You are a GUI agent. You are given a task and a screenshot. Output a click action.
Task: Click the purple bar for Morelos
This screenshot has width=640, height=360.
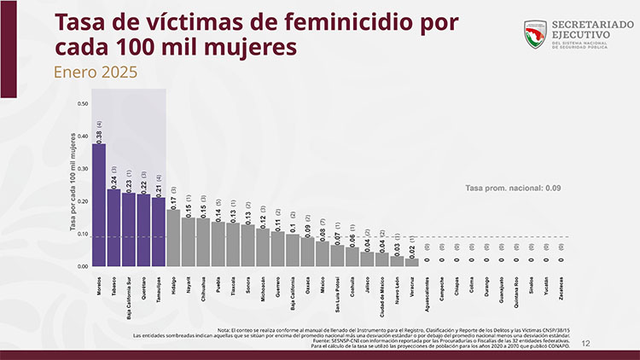point(98,205)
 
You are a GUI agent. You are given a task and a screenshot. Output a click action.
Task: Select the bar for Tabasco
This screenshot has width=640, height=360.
point(113,228)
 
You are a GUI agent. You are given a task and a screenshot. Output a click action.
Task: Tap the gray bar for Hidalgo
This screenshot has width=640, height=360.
point(173,238)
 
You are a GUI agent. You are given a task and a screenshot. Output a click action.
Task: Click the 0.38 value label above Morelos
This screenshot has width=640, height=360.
point(99,136)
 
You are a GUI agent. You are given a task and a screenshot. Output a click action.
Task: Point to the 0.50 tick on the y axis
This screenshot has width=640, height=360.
point(83,104)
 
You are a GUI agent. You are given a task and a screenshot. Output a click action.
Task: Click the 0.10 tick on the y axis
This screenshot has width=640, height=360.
point(83,234)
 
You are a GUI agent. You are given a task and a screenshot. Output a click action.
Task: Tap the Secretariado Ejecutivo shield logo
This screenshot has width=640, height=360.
point(536,34)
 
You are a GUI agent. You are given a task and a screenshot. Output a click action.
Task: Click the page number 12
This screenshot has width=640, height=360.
point(585,343)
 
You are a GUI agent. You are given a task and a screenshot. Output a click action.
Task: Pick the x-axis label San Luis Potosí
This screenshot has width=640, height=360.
point(337,292)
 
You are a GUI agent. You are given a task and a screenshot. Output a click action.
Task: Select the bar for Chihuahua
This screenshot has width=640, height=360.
point(203,241)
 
